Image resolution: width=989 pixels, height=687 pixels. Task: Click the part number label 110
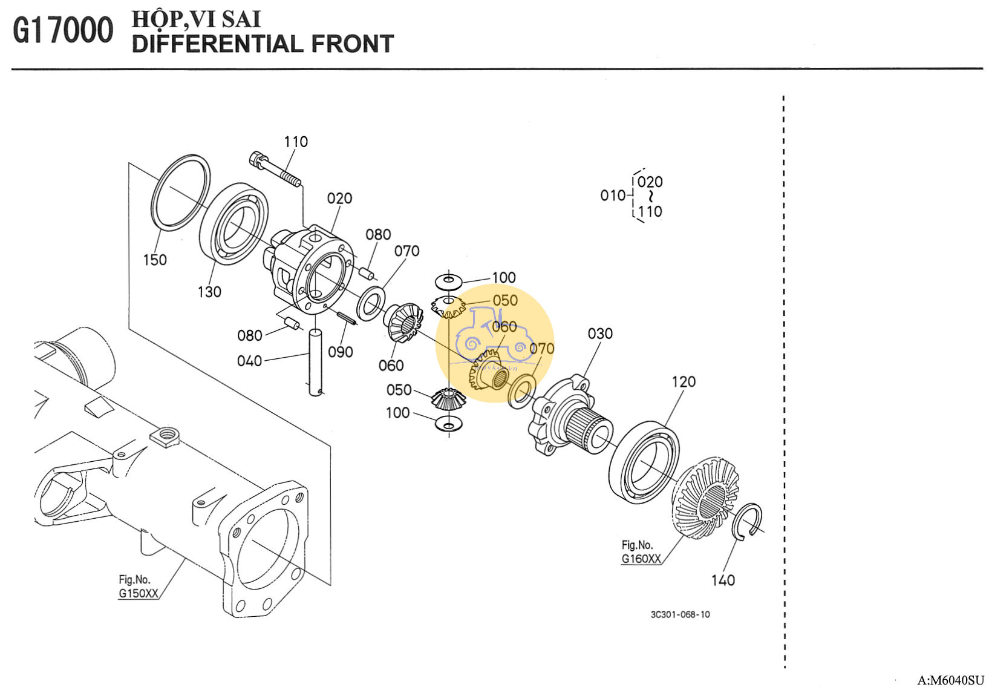(296, 142)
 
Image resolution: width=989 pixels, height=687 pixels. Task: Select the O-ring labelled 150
(180, 192)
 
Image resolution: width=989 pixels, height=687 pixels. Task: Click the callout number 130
(209, 292)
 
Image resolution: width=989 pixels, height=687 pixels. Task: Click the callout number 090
(341, 352)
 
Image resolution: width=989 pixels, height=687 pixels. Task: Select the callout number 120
(684, 382)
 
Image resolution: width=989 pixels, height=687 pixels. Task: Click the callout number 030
(600, 334)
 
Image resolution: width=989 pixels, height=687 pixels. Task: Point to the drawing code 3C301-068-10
(680, 614)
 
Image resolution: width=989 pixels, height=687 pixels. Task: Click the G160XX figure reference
(641, 559)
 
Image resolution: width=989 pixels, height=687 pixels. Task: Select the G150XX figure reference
(138, 593)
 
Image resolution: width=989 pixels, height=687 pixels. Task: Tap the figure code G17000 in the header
(63, 30)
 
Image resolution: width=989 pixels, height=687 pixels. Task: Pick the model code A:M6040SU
(950, 680)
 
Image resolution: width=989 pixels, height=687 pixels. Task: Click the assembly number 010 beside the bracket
(612, 196)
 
